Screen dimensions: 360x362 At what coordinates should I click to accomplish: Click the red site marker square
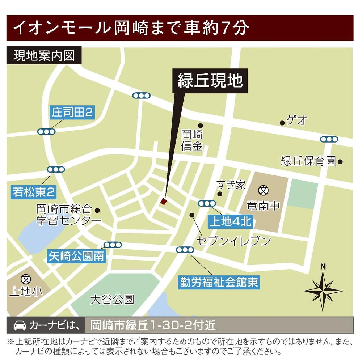pos(164,202)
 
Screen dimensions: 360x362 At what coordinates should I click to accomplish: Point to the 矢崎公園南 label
pos(76,257)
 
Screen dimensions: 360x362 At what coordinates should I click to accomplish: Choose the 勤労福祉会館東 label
pos(219,282)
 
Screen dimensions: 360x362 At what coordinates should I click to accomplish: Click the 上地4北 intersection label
pos(230,221)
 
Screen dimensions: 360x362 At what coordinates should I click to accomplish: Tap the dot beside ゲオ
pos(282,123)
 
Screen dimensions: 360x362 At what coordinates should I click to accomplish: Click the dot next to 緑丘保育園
pos(340,161)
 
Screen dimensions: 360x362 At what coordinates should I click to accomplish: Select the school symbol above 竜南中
pos(263,190)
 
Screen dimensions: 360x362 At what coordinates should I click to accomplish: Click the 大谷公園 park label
pos(113,300)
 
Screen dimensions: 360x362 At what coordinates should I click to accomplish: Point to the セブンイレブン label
pos(234,240)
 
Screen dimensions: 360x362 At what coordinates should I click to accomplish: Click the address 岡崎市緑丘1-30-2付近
pos(152,325)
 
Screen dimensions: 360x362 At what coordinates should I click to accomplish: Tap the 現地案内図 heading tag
pos(43,56)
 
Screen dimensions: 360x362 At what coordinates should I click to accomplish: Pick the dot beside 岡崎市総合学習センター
pos(97,210)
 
